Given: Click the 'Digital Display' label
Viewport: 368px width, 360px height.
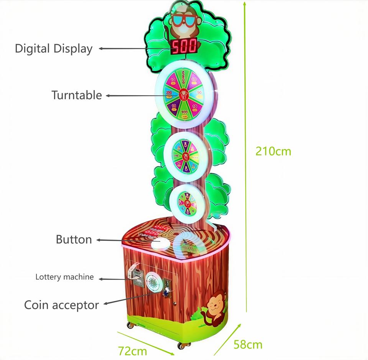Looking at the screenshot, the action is [x=54, y=49].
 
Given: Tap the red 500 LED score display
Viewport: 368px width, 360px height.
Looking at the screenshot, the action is [x=184, y=46].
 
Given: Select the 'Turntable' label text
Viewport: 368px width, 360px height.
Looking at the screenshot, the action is [x=77, y=95].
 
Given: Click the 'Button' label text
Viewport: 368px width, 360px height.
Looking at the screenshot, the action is [x=74, y=240].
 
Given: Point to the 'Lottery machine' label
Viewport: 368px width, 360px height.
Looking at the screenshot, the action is [x=64, y=277].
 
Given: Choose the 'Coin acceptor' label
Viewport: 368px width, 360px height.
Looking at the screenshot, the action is [x=61, y=305].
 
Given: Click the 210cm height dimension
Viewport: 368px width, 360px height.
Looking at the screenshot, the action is [x=273, y=151].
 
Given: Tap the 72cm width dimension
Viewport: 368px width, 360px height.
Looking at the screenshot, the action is [x=132, y=350].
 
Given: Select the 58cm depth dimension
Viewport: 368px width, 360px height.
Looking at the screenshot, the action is [x=248, y=344].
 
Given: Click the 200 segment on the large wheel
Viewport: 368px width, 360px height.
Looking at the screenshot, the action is [x=169, y=93].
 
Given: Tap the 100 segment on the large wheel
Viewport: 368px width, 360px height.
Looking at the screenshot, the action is [x=184, y=112].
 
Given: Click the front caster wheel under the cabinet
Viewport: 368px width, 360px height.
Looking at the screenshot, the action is [x=181, y=345].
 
